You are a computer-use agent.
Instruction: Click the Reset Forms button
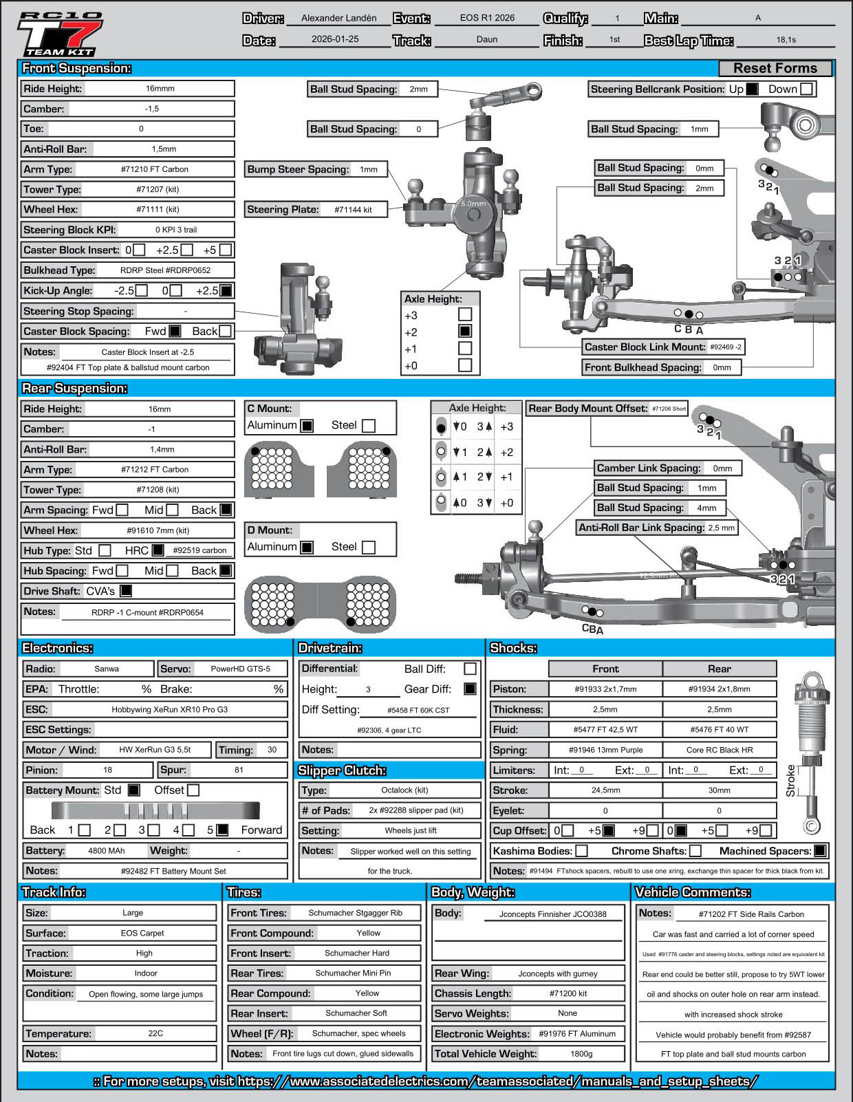775,68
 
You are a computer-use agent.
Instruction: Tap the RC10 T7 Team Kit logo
60,34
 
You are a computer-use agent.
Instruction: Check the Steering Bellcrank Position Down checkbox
807,89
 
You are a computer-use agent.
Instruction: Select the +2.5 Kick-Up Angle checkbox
225,290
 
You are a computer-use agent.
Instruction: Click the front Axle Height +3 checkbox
465,314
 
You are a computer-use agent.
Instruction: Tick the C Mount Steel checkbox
369,425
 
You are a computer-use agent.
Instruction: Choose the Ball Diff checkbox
471,669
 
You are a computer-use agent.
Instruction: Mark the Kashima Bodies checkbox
581,851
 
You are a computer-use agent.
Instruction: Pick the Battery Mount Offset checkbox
193,790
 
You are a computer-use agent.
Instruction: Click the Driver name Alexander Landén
338,19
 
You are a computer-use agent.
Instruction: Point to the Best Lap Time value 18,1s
786,40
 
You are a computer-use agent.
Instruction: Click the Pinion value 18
107,770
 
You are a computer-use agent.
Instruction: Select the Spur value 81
239,770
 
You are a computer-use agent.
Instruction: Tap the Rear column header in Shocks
719,669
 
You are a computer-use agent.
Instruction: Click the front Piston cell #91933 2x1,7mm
605,689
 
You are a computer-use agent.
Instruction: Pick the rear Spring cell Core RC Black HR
719,750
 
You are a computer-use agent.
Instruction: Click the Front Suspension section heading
76,68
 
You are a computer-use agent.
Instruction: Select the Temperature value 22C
155,1033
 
